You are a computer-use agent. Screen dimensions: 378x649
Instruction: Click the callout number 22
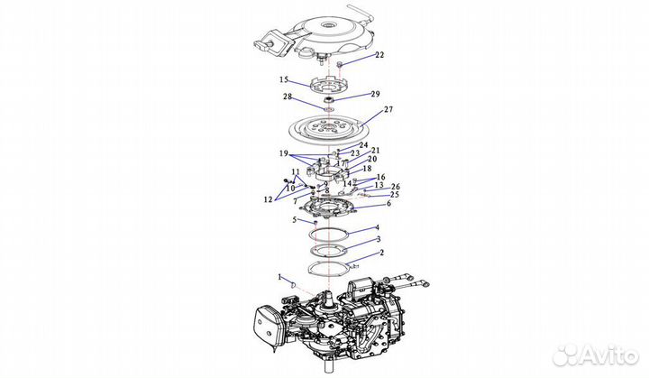pyautogui.click(x=379, y=55)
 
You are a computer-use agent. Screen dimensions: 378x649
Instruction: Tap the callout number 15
pyautogui.click(x=283, y=79)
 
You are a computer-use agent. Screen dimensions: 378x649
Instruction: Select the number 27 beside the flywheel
pyautogui.click(x=389, y=109)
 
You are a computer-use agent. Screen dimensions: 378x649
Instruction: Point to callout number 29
pyautogui.click(x=376, y=94)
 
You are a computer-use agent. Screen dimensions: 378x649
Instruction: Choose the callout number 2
pyautogui.click(x=381, y=254)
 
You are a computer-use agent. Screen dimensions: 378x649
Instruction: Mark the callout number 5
pyautogui.click(x=294, y=219)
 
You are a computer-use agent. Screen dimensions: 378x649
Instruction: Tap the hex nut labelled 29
pyautogui.click(x=330, y=98)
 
